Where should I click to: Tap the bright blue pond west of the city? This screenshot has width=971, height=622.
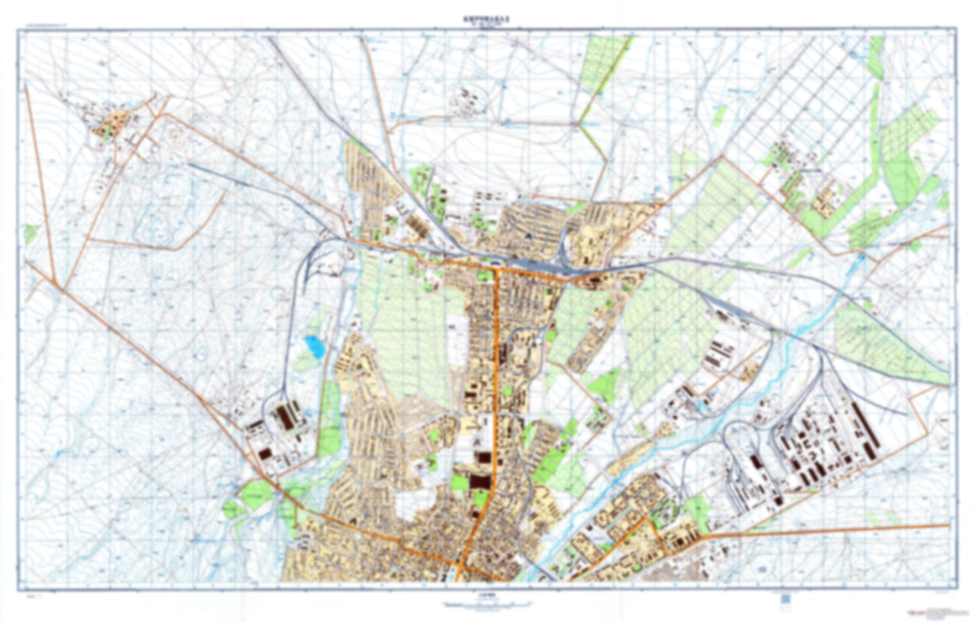pyautogui.click(x=313, y=346)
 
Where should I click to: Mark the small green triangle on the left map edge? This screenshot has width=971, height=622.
pyautogui.click(x=30, y=234)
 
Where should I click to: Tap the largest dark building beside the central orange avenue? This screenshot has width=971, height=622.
pyautogui.click(x=478, y=483)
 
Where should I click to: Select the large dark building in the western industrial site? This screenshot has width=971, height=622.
pyautogui.click(x=285, y=418)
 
